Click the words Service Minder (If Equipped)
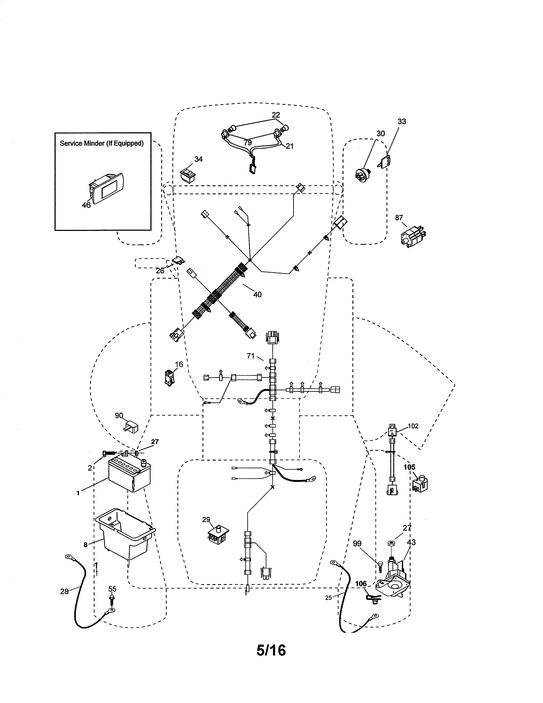tap(102, 143)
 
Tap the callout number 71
tap(251, 356)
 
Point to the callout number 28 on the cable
tap(64, 591)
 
